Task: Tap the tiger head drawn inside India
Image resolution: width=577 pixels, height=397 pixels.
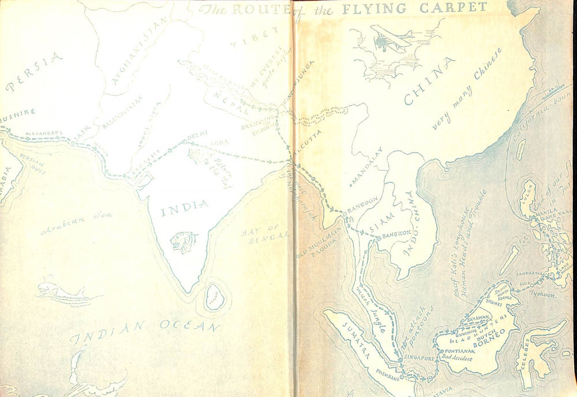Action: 184,242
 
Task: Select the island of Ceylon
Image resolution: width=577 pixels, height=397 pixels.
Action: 215,297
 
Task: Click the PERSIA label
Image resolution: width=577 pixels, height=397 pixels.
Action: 33,72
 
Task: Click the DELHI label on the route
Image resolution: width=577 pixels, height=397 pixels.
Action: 196,138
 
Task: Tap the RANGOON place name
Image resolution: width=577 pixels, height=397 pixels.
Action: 362,201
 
